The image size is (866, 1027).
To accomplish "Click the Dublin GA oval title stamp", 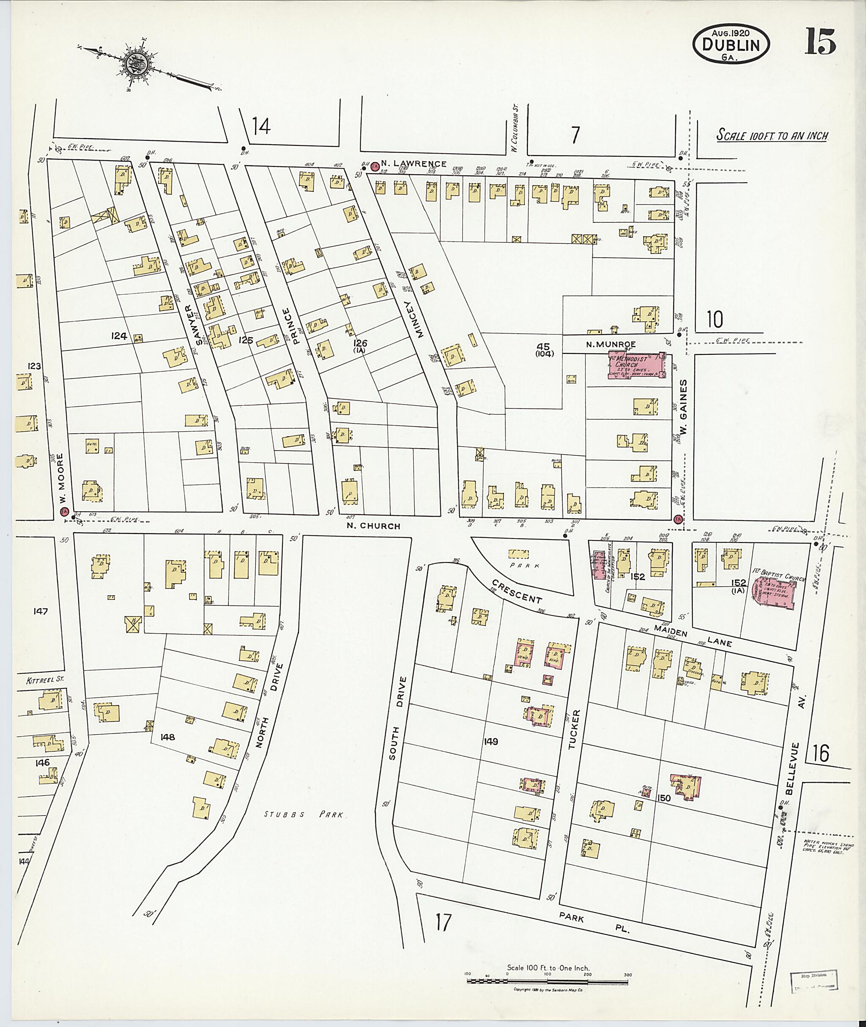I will pos(731,45).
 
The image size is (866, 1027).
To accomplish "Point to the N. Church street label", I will pos(373,526).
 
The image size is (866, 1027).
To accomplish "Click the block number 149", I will pos(491,742).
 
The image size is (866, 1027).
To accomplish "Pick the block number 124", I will pos(119,336).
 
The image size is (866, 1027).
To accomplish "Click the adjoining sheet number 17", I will pos(442,922).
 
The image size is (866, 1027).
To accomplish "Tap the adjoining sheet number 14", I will pos(261,127).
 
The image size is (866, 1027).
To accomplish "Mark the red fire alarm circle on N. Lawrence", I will pos(375,167).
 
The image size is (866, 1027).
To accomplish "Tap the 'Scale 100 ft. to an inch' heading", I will pos(773,135).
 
